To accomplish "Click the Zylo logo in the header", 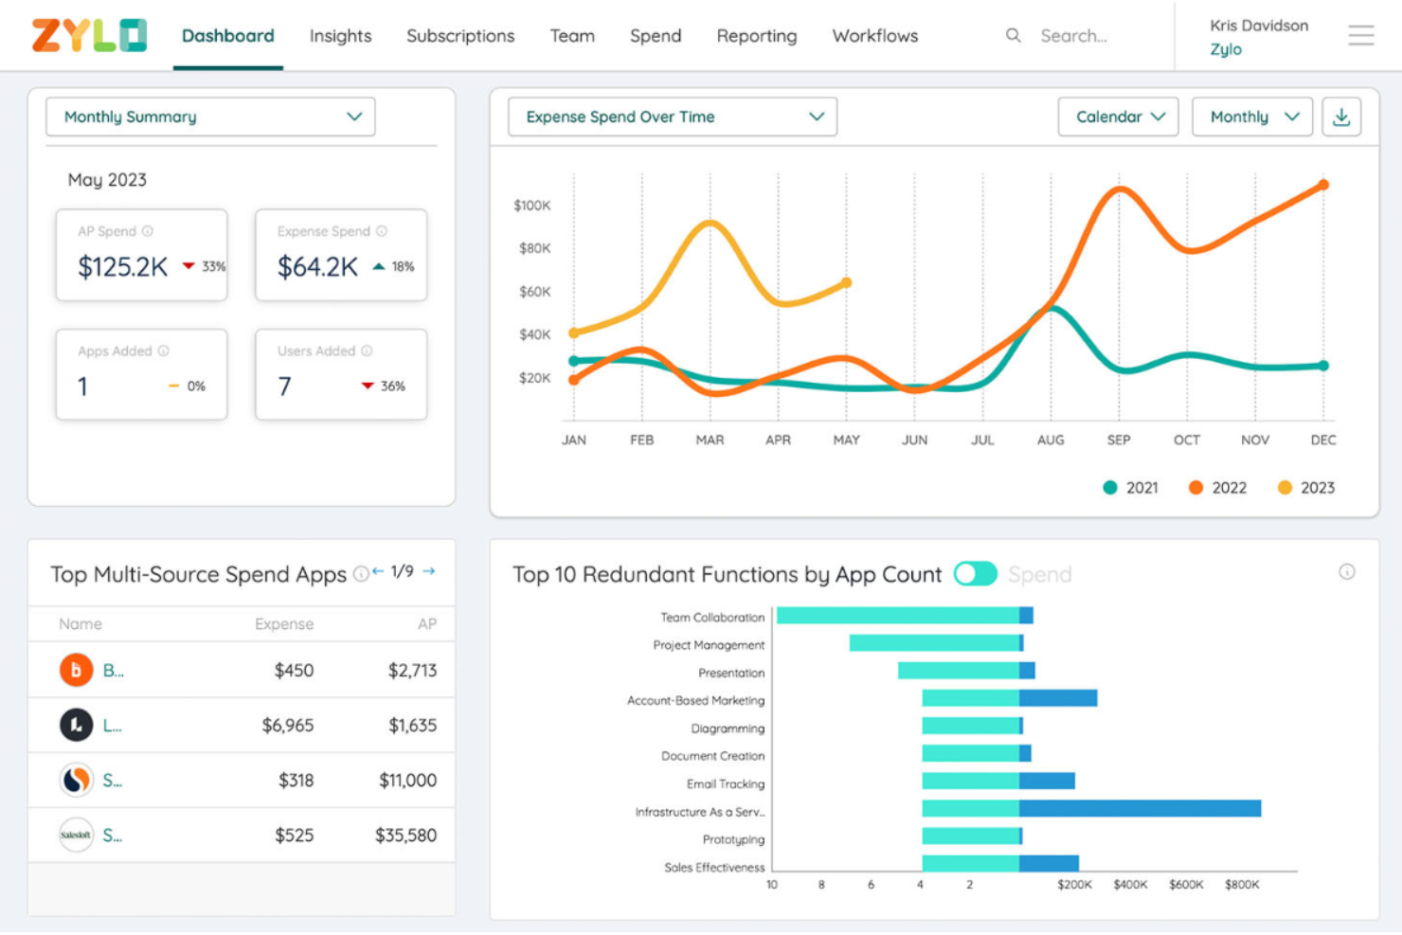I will point(89,35).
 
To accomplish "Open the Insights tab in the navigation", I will point(340,36).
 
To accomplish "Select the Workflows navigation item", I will point(874,36).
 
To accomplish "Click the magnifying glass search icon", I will point(1013,35).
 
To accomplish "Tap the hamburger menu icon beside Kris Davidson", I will point(1360,36).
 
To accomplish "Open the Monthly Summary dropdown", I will point(210,117).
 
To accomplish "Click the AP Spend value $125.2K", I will point(122,267).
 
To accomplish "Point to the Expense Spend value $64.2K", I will point(317,267).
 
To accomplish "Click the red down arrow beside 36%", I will point(368,386).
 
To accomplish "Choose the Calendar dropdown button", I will point(1118,117).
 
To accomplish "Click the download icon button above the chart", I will point(1341,117).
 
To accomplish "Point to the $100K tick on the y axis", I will point(531,206).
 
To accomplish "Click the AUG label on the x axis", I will point(1050,441).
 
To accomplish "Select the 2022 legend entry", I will point(1217,488).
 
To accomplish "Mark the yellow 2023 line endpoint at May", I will point(846,282).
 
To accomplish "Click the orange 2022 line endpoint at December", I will point(1323,185).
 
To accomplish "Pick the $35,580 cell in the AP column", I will point(405,836).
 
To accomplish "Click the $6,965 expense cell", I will point(287,726).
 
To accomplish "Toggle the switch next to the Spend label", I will point(975,574).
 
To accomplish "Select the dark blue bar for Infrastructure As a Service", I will point(1140,808).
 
